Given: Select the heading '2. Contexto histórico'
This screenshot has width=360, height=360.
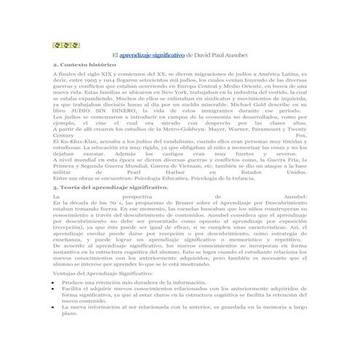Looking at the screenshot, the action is pos(84,65).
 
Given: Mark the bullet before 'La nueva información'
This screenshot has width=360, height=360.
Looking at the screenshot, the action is pos(55,308).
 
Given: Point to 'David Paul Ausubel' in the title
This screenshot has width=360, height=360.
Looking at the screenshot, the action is pos(221,55).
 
